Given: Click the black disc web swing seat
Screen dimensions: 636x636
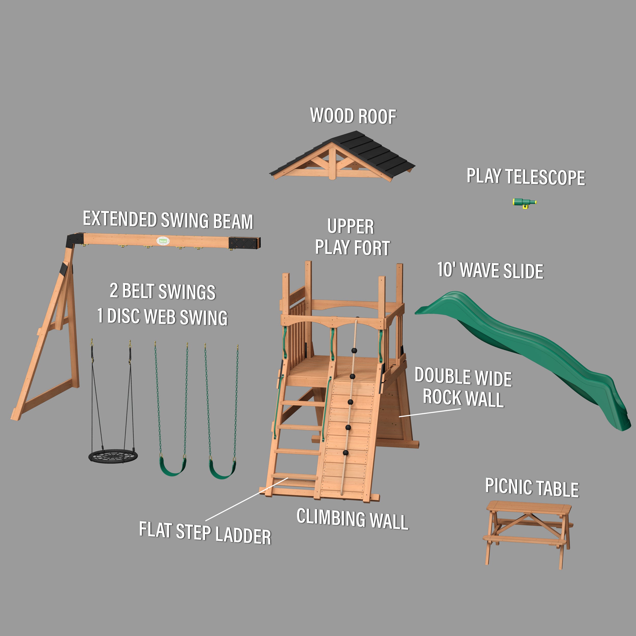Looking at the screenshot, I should (113, 457).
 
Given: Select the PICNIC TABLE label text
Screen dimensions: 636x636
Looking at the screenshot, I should (532, 487).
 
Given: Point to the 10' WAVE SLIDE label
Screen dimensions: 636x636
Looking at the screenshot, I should (490, 271).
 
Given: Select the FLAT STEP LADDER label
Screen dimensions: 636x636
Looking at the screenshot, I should (205, 533).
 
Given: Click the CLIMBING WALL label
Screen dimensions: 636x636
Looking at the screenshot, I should (352, 519).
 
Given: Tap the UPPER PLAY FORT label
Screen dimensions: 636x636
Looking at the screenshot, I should (352, 237).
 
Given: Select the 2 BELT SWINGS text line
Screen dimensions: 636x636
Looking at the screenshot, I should (163, 291).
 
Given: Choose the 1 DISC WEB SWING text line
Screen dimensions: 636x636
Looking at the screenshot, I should (162, 317).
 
